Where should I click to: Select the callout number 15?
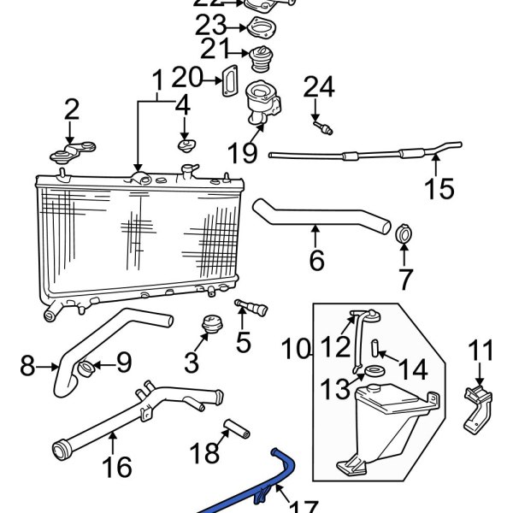point(440,188)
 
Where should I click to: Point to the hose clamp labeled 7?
point(405,232)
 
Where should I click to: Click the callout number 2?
point(71,109)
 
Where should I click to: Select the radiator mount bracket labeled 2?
point(69,155)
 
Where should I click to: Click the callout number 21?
point(215,49)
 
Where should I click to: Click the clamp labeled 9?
point(86,369)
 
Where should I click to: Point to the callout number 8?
point(27,367)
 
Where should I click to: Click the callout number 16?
point(117,467)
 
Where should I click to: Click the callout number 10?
point(294,349)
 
